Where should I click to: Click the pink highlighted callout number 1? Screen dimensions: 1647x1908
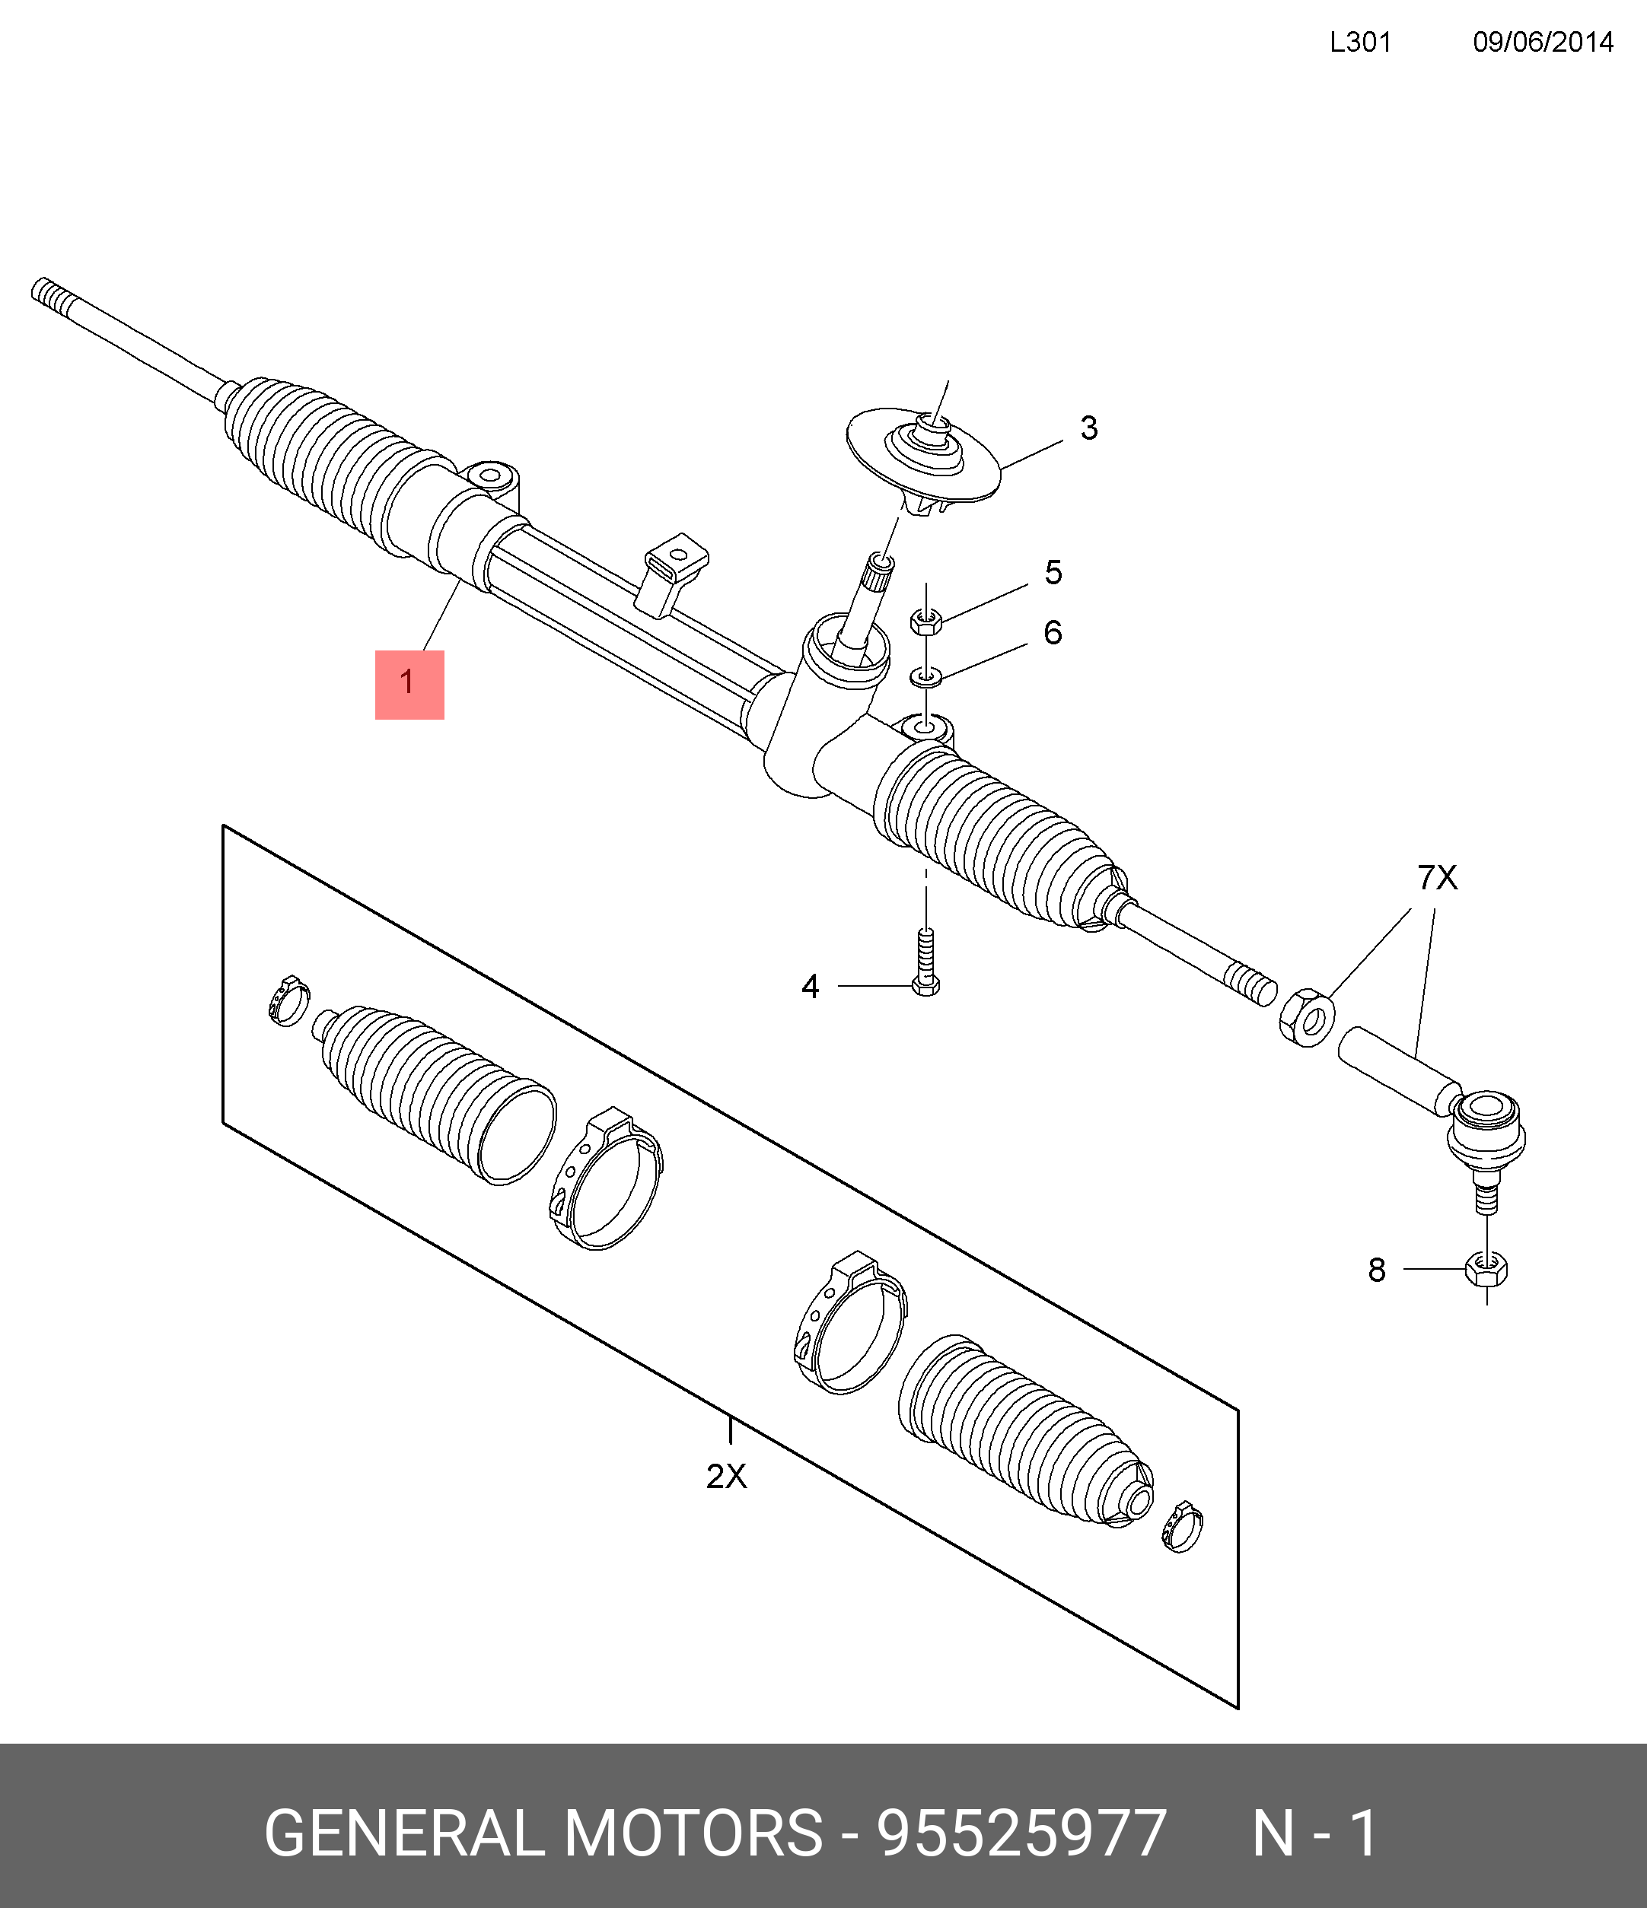click(409, 684)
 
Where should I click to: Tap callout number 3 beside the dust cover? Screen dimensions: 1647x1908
click(1089, 428)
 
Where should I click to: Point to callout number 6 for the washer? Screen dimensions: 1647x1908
click(1053, 633)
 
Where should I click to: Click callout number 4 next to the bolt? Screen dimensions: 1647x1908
click(810, 986)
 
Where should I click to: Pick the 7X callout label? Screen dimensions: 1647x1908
click(1437, 879)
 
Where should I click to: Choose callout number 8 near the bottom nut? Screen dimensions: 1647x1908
click(1376, 1270)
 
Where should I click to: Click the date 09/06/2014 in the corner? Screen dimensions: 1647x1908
click(1543, 43)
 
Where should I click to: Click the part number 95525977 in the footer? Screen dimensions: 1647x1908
click(1021, 1833)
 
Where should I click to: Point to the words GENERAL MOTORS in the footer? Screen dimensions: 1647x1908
click(543, 1833)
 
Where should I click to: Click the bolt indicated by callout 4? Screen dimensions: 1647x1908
click(925, 967)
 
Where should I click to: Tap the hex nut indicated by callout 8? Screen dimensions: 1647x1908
click(1486, 1270)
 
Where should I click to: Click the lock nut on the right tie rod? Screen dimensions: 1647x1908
click(1307, 1016)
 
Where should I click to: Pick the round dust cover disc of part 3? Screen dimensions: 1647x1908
click(923, 456)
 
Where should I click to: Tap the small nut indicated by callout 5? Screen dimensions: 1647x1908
click(925, 622)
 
